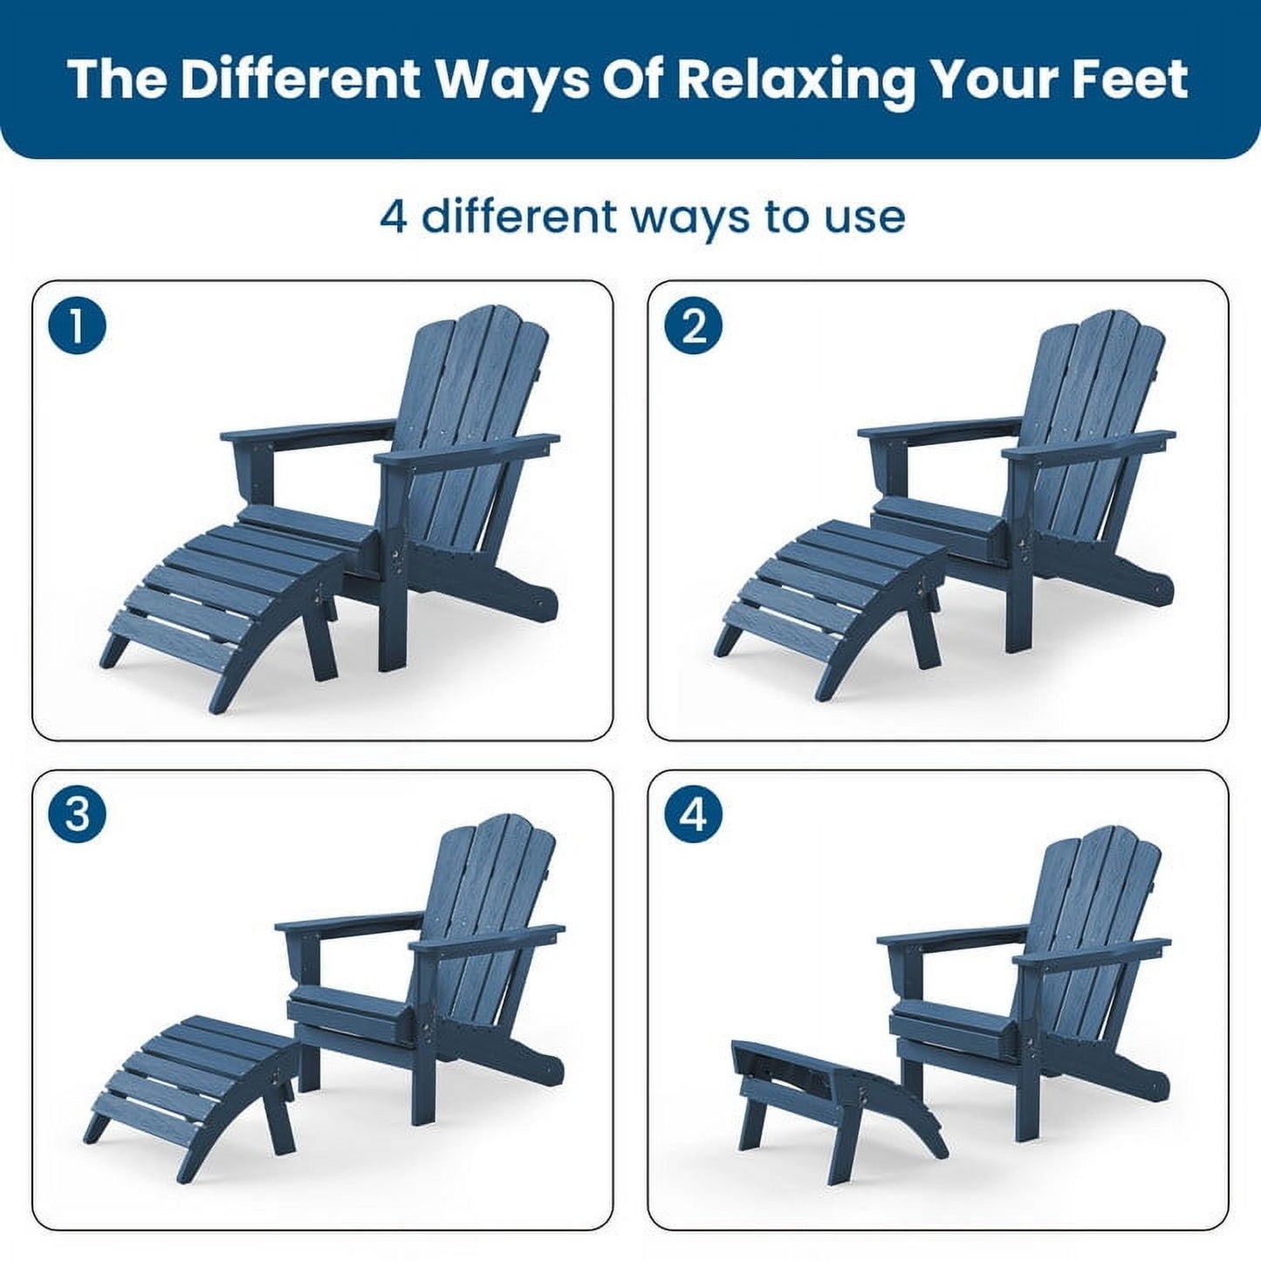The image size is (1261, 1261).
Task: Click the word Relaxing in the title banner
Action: (x=794, y=79)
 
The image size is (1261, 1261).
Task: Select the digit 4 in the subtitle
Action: (x=393, y=216)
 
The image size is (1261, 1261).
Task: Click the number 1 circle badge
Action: (x=77, y=326)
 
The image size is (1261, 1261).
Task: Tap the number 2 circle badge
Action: (x=693, y=326)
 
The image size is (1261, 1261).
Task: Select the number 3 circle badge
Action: (x=77, y=816)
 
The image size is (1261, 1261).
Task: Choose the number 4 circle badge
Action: (x=693, y=816)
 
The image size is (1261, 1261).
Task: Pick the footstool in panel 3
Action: (x=192, y=1073)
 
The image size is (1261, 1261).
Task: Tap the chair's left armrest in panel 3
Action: (x=349, y=925)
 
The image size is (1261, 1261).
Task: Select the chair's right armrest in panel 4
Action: (x=1091, y=951)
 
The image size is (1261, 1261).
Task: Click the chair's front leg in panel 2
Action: (x=1014, y=602)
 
